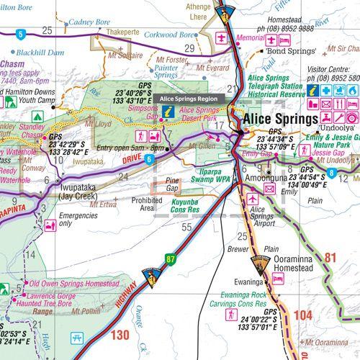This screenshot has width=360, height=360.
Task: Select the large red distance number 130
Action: click(x=120, y=334)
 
